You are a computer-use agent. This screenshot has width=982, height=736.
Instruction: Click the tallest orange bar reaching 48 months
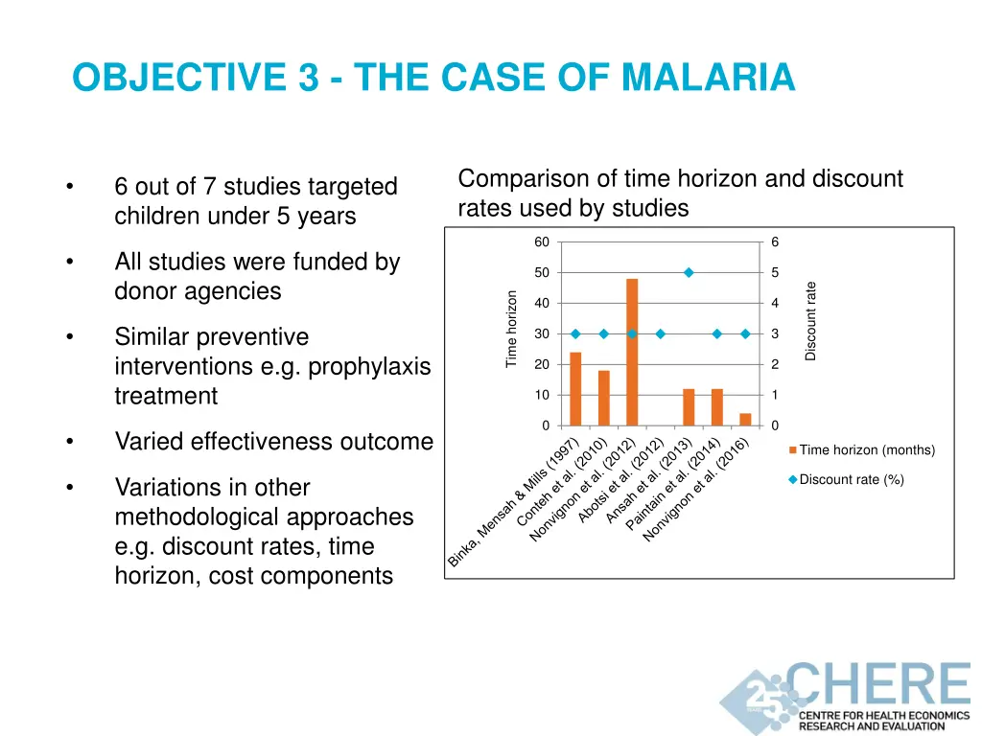pyautogui.click(x=632, y=352)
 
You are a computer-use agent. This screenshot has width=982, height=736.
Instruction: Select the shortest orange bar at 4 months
pyautogui.click(x=745, y=419)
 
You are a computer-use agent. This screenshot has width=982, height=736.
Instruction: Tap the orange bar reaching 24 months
pyautogui.click(x=575, y=388)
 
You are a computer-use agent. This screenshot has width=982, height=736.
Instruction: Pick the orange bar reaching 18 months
pyautogui.click(x=604, y=398)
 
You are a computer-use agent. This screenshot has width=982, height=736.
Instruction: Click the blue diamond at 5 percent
pyautogui.click(x=689, y=273)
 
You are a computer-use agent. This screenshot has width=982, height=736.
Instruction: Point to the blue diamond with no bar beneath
pyautogui.click(x=661, y=333)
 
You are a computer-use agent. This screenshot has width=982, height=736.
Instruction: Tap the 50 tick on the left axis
pyautogui.click(x=542, y=273)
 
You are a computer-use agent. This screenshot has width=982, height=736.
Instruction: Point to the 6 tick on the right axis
pyautogui.click(x=775, y=242)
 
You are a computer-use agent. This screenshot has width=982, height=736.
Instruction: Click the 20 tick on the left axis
pyautogui.click(x=542, y=364)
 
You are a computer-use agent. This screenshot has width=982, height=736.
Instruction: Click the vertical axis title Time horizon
pyautogui.click(x=512, y=329)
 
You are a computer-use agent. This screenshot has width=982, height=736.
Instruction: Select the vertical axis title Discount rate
pyautogui.click(x=810, y=321)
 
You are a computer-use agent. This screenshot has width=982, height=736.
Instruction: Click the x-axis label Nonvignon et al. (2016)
pyautogui.click(x=695, y=489)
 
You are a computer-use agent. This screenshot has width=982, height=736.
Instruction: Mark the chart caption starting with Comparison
pyautogui.click(x=680, y=193)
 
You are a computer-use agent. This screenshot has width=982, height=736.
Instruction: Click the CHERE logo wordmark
pyautogui.click(x=877, y=684)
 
